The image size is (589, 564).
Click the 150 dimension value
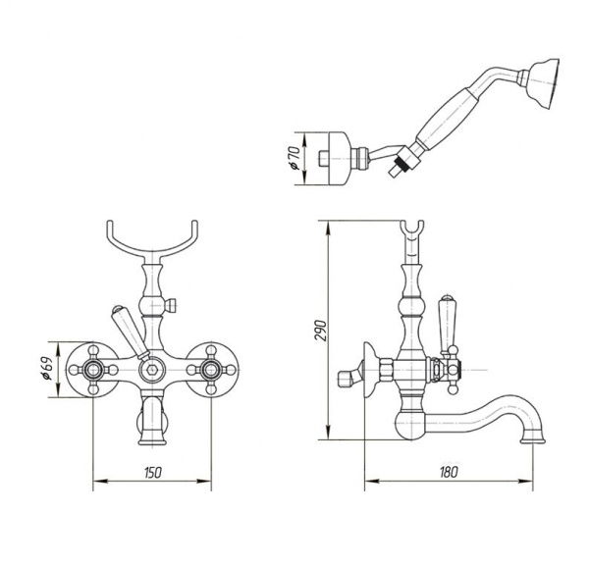click(x=152, y=473)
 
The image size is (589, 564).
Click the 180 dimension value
click(x=449, y=472)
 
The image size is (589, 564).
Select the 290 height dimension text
click(x=321, y=331)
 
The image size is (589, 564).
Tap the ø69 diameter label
click(x=47, y=369)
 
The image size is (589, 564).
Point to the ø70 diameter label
click(x=294, y=158)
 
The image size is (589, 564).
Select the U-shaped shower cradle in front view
click(x=152, y=240)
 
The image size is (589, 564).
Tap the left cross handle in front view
click(x=92, y=370)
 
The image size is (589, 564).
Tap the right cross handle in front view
click(x=211, y=370)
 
